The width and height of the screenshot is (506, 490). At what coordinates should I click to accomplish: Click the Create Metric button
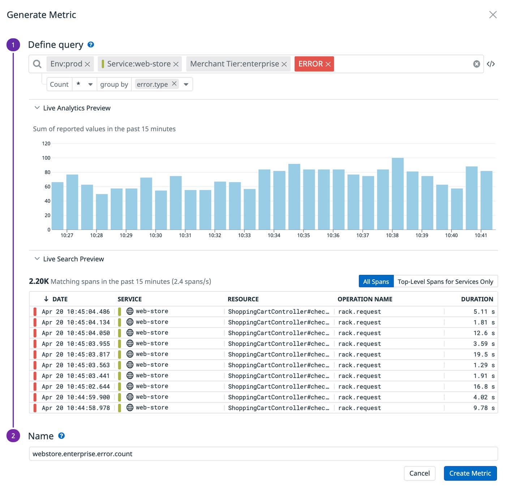click(470, 473)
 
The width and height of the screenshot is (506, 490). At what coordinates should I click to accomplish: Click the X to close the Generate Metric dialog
click(493, 15)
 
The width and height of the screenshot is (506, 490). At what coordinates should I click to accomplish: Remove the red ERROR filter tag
click(328, 64)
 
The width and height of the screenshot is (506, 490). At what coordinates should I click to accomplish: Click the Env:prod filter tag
click(66, 64)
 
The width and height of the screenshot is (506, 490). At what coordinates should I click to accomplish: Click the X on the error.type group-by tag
click(174, 84)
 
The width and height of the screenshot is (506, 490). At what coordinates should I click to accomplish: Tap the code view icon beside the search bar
click(490, 64)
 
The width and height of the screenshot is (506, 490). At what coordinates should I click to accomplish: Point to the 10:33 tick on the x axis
click(244, 235)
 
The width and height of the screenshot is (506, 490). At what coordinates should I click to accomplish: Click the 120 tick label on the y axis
click(46, 144)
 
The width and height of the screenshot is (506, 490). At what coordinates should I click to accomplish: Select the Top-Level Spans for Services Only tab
click(445, 282)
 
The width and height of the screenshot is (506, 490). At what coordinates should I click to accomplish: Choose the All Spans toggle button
click(376, 282)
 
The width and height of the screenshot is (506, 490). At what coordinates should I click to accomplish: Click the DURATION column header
click(477, 299)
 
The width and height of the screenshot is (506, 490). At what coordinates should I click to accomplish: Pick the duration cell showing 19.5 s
click(484, 355)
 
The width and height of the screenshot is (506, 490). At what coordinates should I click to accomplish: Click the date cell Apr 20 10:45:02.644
click(76, 387)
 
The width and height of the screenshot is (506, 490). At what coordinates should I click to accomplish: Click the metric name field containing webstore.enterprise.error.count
click(263, 454)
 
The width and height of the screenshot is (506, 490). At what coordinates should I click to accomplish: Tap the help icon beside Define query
click(91, 45)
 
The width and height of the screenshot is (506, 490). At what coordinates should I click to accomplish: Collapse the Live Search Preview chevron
click(37, 259)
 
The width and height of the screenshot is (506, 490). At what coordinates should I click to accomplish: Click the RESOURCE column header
click(243, 299)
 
